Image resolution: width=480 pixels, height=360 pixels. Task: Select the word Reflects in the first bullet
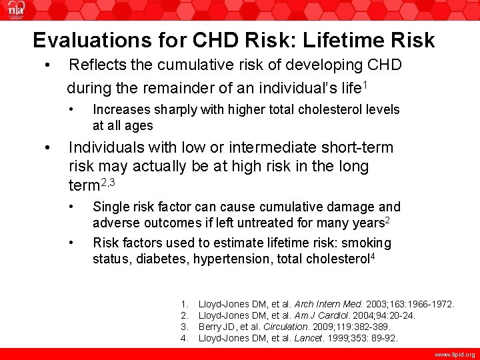pyautogui.click(x=99, y=65)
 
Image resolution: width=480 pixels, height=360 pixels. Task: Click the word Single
pyautogui.click(x=111, y=207)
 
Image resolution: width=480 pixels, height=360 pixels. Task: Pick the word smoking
pyautogui.click(x=365, y=243)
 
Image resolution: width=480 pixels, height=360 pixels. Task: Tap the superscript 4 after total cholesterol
pyautogui.click(x=371, y=256)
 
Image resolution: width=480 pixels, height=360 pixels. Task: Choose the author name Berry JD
pyautogui.click(x=220, y=327)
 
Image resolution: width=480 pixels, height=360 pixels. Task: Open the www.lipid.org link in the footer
pyautogui.click(x=456, y=355)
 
